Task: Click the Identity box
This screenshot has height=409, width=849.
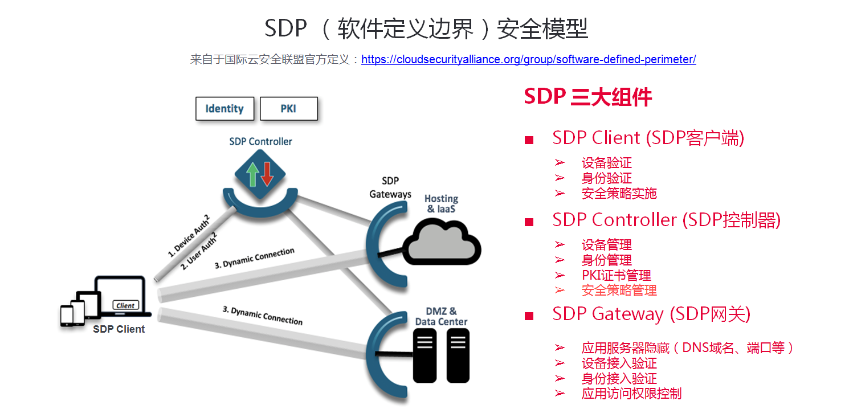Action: click(x=225, y=109)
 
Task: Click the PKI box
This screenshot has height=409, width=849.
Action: click(x=289, y=109)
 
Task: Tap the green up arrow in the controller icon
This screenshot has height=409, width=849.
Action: click(x=252, y=174)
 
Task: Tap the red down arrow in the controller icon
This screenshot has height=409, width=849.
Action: click(x=267, y=174)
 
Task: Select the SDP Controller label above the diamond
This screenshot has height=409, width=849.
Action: click(x=261, y=142)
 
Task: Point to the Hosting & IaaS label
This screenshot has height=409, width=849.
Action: click(x=441, y=203)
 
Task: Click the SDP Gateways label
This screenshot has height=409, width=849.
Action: click(x=390, y=187)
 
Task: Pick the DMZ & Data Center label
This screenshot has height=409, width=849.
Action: click(x=441, y=317)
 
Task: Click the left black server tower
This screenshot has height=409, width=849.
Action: click(x=424, y=355)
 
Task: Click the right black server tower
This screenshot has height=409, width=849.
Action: click(x=458, y=355)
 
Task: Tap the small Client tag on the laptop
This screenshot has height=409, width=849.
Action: click(x=125, y=305)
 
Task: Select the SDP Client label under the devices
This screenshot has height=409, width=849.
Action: click(x=119, y=329)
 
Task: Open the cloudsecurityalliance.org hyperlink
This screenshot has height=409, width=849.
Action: click(x=529, y=59)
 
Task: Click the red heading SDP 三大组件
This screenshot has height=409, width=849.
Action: click(x=588, y=97)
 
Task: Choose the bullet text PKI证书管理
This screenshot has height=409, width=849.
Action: click(x=617, y=275)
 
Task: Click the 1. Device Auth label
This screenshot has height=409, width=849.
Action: click(x=189, y=236)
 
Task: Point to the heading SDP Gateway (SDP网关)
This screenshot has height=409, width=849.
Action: click(x=651, y=314)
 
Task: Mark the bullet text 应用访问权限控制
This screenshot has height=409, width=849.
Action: click(x=631, y=394)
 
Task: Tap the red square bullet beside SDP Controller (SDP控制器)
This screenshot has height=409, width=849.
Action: click(x=529, y=222)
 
